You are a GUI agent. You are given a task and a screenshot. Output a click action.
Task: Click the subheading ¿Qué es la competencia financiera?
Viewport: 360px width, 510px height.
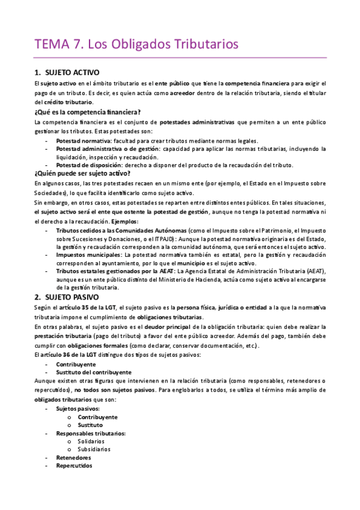tap(88, 112)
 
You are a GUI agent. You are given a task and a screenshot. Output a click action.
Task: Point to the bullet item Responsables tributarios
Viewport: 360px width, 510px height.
tap(91, 433)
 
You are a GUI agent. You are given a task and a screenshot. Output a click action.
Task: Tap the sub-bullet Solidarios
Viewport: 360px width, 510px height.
tap(95, 441)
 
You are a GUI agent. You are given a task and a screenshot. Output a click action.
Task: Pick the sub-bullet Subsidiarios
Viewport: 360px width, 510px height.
tap(98, 449)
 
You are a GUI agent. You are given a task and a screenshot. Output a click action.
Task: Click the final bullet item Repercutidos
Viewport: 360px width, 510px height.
tap(75, 465)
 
